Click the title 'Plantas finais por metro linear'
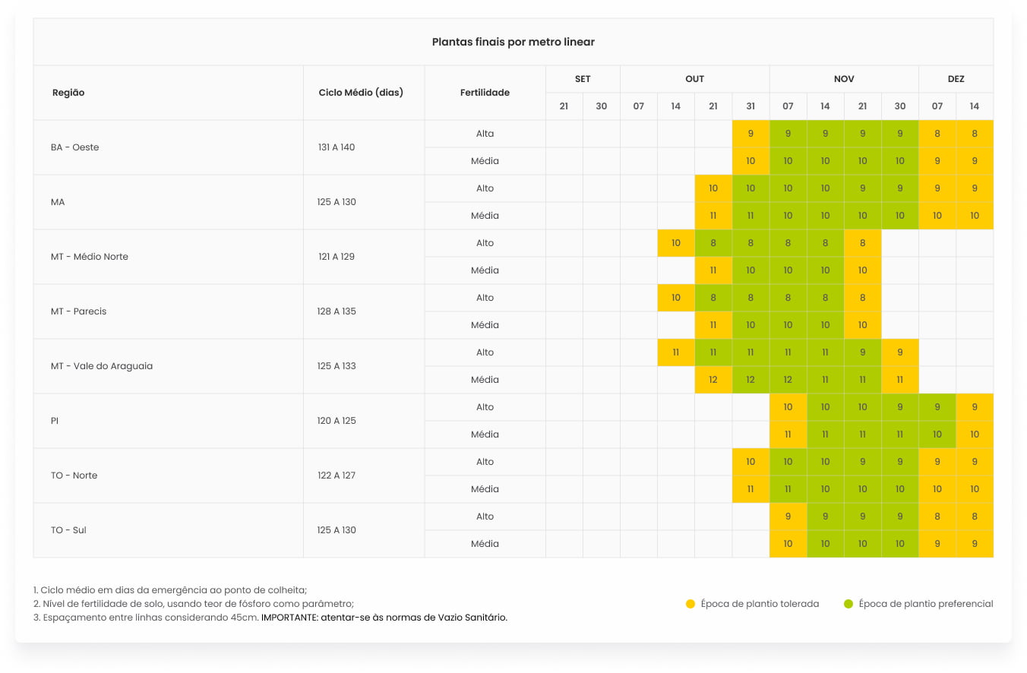[x=513, y=42]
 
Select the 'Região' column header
[x=68, y=93]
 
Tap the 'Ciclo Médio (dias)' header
[x=361, y=93]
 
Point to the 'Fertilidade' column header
[x=485, y=93]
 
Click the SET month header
[x=583, y=79]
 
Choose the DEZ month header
[x=956, y=79]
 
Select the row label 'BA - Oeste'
[x=75, y=147]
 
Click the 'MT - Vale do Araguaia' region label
[x=102, y=366]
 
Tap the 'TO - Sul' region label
[x=68, y=530]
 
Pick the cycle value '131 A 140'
[x=337, y=147]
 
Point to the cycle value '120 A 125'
[x=337, y=421]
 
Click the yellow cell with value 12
[x=713, y=380]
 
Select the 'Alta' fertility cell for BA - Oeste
[x=485, y=134]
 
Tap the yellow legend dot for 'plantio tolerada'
[x=690, y=604]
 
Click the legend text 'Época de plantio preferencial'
[x=925, y=604]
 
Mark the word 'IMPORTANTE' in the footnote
[x=289, y=618]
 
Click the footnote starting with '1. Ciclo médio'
[x=170, y=590]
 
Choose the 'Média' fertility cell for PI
[x=485, y=434]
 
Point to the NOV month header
[x=844, y=79]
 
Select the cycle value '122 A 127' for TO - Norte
[x=337, y=476]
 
